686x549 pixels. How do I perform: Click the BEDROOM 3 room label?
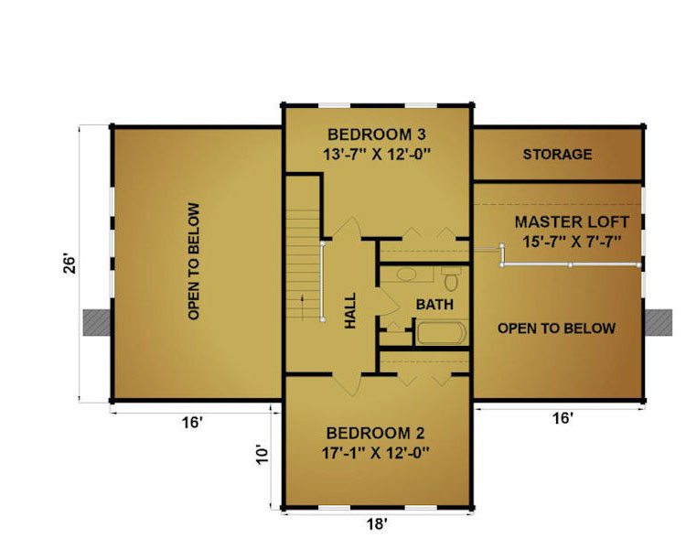[376, 135]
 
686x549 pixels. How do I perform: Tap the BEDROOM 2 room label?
[375, 433]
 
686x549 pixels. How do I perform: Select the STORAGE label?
[557, 154]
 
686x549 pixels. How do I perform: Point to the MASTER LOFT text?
[572, 222]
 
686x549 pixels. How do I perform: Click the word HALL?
[350, 310]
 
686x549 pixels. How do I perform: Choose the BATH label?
[434, 305]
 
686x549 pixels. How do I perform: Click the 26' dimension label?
[70, 264]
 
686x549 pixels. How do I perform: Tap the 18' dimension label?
[377, 523]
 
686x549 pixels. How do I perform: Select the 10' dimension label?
[263, 455]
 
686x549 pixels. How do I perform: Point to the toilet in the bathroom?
[452, 277]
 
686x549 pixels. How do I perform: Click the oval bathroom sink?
[407, 274]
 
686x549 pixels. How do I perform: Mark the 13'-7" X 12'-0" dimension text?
[377, 155]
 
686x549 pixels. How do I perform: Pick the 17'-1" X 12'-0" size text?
[375, 453]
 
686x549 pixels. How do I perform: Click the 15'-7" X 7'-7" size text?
[573, 242]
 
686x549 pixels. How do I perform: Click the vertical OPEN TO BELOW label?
[194, 261]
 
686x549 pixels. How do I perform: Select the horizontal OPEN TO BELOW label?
[556, 328]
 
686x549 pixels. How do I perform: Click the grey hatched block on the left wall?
[97, 323]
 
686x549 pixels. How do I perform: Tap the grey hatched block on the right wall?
[659, 323]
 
